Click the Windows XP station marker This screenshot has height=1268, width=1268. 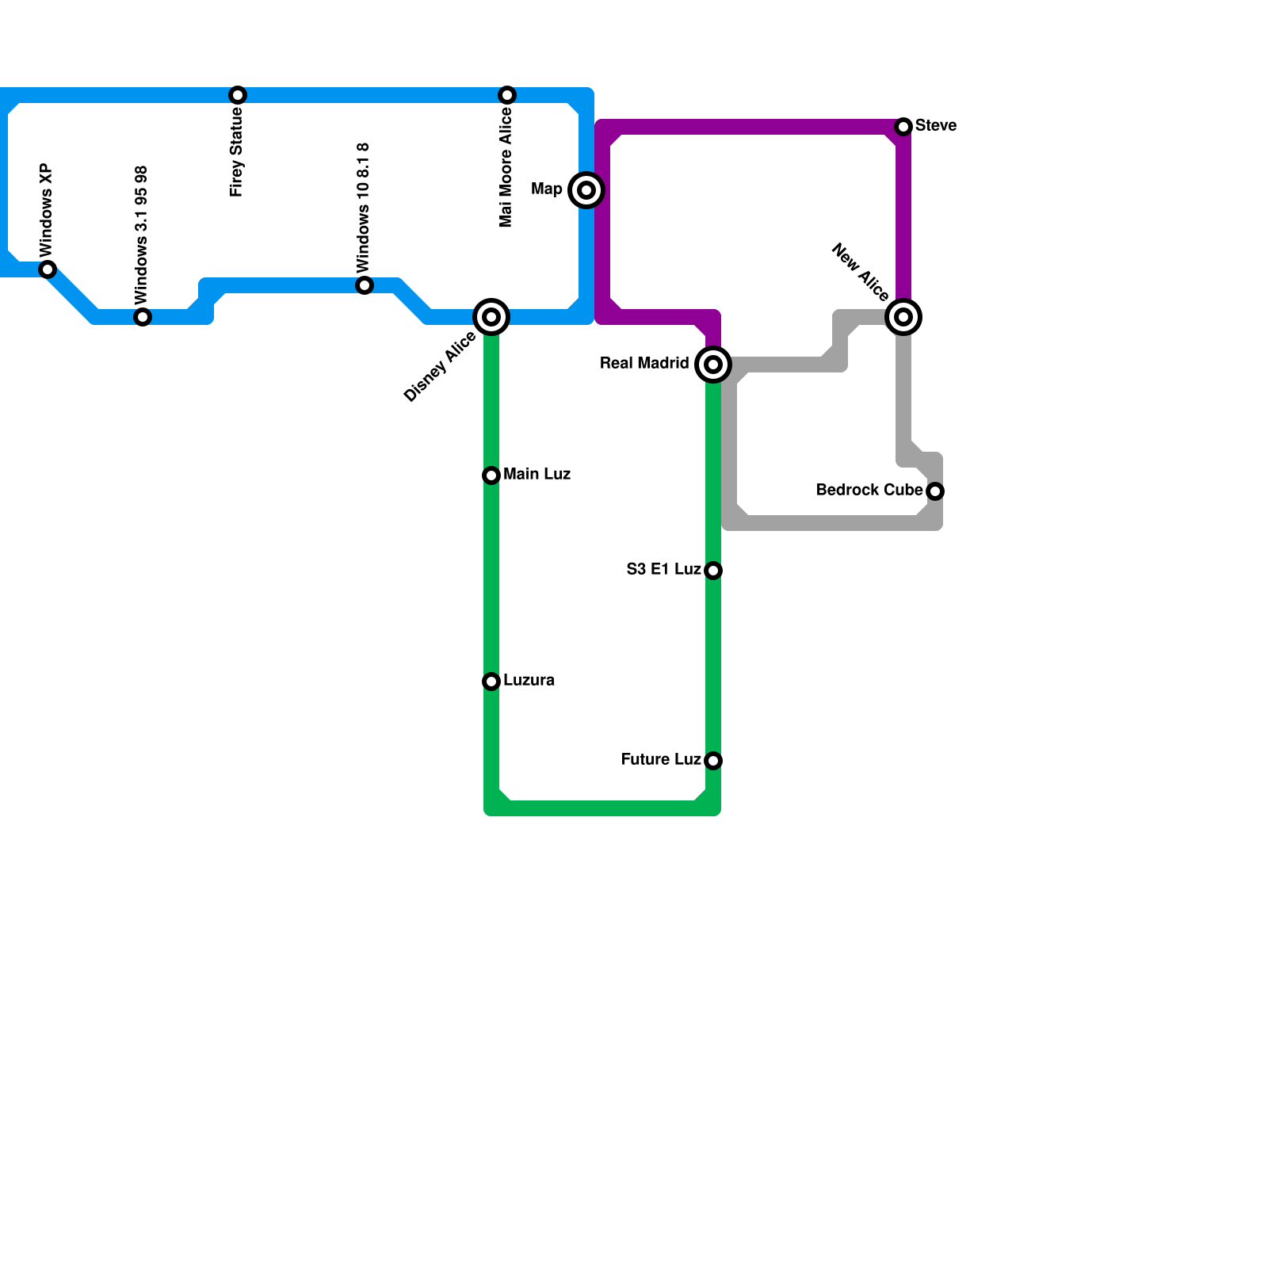pos(48,269)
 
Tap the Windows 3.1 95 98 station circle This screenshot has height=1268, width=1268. pos(143,317)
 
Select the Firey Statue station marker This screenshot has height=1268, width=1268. pos(238,95)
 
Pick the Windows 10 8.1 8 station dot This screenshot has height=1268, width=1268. pos(365,285)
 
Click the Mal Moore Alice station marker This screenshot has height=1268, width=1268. pos(507,95)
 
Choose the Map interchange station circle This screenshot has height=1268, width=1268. pos(586,190)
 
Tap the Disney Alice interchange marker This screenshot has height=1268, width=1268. pos(491,317)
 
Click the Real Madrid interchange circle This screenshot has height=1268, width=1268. pos(713,365)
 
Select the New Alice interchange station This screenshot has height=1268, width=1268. pos(903,317)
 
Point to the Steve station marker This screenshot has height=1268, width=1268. pos(903,127)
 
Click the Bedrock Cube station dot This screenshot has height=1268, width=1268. pos(935,491)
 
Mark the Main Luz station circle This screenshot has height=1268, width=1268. pos(491,475)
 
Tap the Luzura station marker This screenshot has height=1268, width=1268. pos(491,682)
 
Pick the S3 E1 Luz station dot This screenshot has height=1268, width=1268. pos(713,571)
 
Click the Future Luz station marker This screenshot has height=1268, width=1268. pos(713,761)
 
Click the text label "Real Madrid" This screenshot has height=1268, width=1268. pos(644,364)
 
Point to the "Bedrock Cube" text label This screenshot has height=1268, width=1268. pos(869,491)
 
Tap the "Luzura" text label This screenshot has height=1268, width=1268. pos(529,681)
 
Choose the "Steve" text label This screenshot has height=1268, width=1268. pos(935,126)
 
